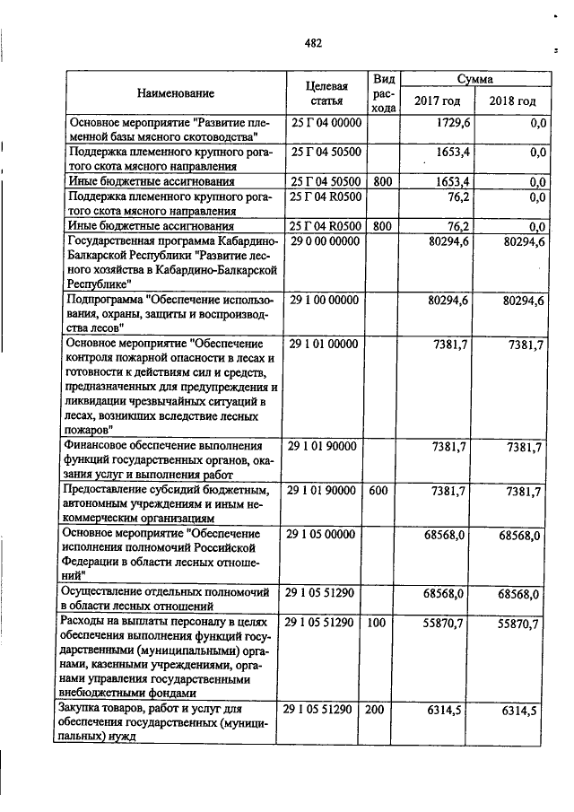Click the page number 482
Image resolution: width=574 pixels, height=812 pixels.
[x=312, y=43]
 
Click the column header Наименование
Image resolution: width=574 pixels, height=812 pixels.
[x=176, y=93]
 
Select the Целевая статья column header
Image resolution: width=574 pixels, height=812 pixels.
[x=326, y=93]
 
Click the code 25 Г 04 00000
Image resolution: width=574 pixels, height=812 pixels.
[x=326, y=123]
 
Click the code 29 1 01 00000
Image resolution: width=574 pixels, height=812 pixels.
[x=326, y=344]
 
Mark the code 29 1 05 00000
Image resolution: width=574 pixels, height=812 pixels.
[x=326, y=535]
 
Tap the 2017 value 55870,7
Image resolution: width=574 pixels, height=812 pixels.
[x=442, y=623]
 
